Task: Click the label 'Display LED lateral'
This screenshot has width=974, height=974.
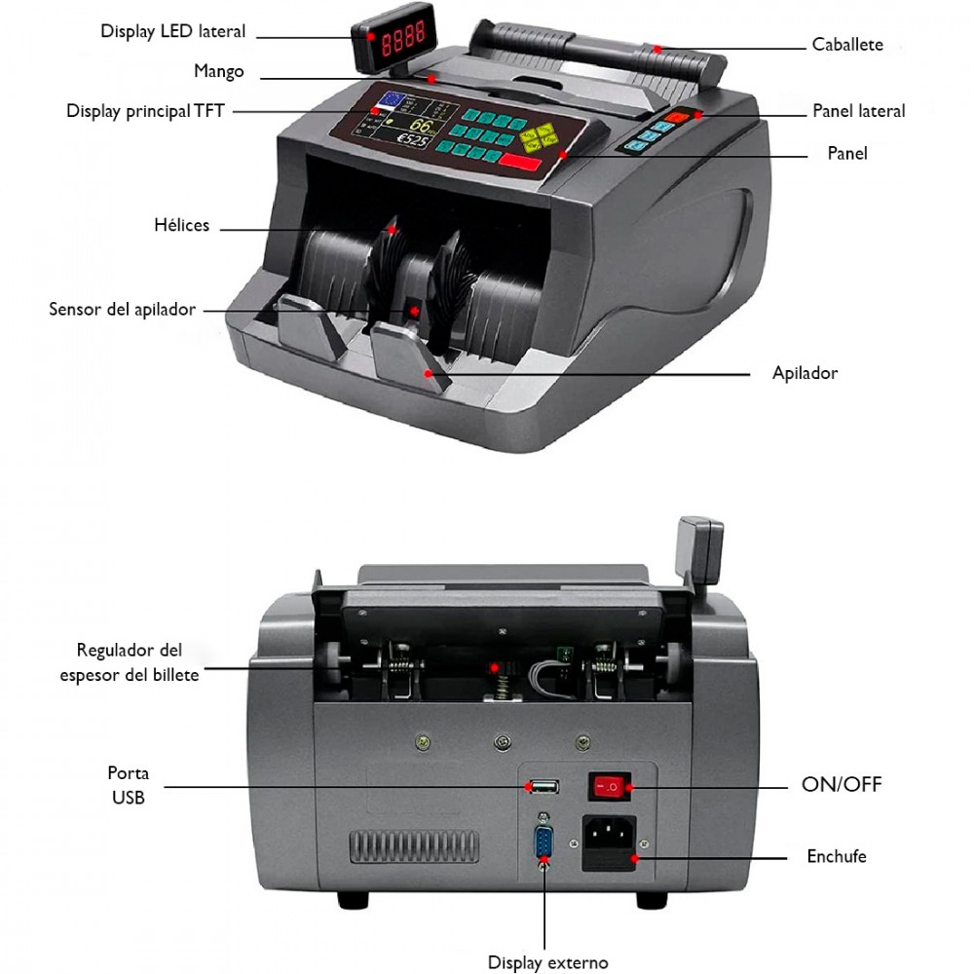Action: tap(172, 31)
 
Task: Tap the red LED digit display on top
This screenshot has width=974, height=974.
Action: tap(401, 42)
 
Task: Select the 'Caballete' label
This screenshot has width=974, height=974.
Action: tap(847, 45)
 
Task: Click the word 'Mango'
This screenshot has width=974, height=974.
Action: tap(218, 71)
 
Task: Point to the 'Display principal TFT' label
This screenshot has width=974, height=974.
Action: tap(145, 111)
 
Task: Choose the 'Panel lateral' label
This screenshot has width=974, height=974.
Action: tap(858, 111)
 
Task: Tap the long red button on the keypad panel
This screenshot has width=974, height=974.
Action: tap(522, 162)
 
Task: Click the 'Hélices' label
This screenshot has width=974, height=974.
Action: tap(181, 225)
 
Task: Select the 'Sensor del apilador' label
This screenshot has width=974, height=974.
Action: tap(122, 310)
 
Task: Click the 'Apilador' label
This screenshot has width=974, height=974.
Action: tap(805, 373)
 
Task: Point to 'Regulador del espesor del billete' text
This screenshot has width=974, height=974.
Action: tap(130, 662)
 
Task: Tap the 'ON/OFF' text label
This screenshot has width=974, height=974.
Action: tap(842, 784)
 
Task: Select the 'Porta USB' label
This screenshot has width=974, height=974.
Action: tap(128, 785)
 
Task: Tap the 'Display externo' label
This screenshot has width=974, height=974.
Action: tap(547, 962)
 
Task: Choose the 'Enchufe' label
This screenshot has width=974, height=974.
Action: tap(836, 857)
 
